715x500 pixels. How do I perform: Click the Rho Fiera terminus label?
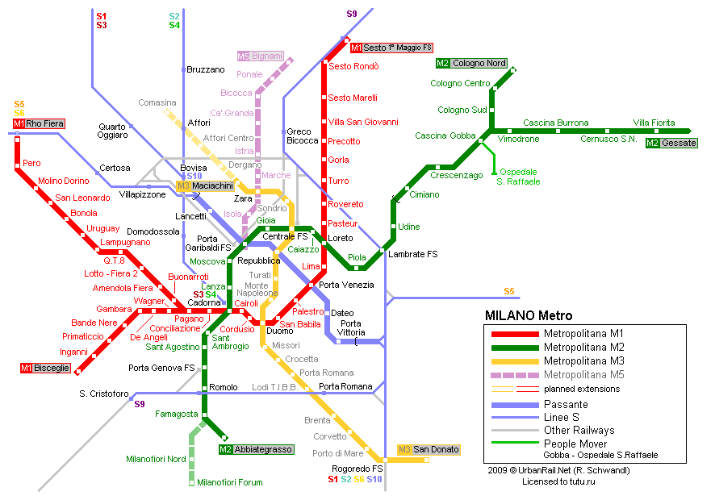tap(38, 123)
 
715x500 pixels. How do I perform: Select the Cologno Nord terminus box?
tap(471, 63)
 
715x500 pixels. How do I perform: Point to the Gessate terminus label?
tap(670, 143)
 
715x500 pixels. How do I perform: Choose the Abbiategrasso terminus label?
tap(256, 449)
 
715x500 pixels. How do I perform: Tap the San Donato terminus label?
tap(429, 449)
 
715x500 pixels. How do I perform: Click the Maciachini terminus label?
tap(205, 186)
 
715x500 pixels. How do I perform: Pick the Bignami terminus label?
tap(260, 56)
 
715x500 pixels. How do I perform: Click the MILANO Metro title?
tap(529, 315)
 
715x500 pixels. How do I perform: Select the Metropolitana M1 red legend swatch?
tap(512, 333)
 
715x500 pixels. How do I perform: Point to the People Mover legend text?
tap(576, 444)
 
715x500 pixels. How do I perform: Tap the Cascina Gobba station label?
tap(445, 135)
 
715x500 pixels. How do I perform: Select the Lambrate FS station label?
tap(413, 254)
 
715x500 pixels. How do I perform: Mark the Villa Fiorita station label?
tap(654, 123)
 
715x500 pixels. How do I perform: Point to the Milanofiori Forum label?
tap(230, 482)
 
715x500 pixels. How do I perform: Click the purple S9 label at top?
tap(351, 14)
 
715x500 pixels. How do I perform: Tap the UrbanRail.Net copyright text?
tap(558, 470)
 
